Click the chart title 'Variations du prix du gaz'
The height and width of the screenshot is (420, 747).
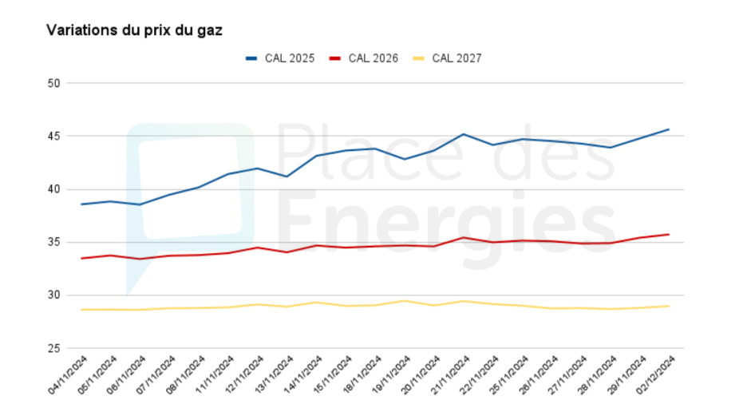point(134,30)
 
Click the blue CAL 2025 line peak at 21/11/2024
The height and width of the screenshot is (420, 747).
point(463,134)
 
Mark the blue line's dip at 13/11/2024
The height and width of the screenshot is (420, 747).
point(287,176)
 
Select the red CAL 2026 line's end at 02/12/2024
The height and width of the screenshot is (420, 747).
point(669,234)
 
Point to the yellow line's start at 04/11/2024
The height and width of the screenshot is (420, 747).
point(81,309)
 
